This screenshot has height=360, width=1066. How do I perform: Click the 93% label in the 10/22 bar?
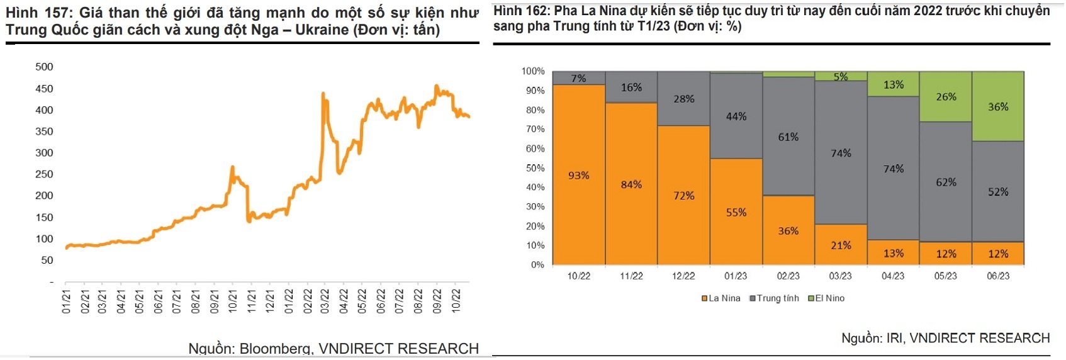coord(578,176)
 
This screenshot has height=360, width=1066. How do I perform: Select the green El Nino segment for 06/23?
coord(998,106)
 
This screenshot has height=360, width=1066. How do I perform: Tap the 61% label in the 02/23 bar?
coord(788,137)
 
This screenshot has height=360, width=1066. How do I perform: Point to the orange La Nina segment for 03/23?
coord(841,245)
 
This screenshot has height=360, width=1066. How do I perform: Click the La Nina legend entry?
coord(721,298)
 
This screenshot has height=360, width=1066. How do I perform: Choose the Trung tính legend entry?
coord(774,298)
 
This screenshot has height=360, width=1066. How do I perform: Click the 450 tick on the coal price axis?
coord(44,89)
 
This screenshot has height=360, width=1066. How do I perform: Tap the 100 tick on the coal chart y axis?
coord(44,239)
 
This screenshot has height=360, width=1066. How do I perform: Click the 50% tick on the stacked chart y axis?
coord(534,168)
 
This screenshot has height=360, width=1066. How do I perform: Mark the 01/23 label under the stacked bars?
coord(736,276)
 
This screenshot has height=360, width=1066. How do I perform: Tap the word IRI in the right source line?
coord(894,339)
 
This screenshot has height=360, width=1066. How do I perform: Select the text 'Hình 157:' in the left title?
coord(39,13)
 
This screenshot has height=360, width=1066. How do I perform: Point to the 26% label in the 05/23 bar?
coord(946,97)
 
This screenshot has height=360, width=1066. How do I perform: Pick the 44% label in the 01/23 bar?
coord(736,116)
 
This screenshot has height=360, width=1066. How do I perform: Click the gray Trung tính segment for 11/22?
coord(631,87)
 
